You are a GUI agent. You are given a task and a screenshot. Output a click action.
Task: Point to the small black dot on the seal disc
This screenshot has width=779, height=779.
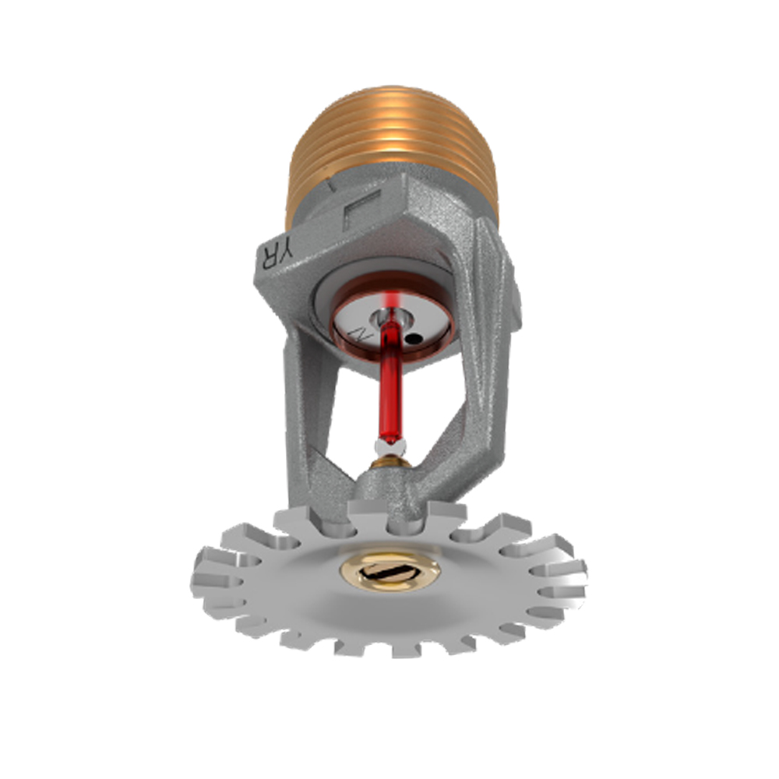tap(417, 338)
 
